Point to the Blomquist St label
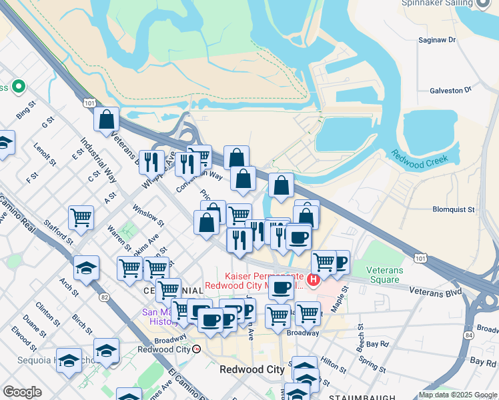tap(453, 209)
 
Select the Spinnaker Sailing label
tap(437, 3)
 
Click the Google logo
tap(22, 392)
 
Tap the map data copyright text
tap(458, 395)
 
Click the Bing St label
tap(25, 111)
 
